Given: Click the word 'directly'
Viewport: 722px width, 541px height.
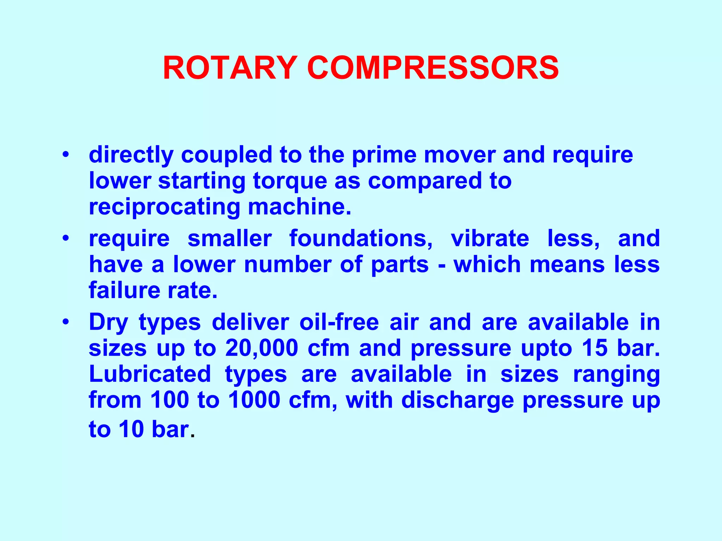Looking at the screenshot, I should pyautogui.click(x=131, y=155).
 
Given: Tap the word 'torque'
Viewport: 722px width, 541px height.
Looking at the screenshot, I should pyautogui.click(x=289, y=181).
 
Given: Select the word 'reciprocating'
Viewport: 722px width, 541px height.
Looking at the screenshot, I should pyautogui.click(x=164, y=207).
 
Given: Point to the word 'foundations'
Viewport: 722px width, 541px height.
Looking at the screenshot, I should pyautogui.click(x=361, y=238).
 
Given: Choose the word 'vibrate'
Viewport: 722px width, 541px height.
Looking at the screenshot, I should pyautogui.click(x=490, y=238).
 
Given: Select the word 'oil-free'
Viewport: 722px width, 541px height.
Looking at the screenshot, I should pyautogui.click(x=339, y=322).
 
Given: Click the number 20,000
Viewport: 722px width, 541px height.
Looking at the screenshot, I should pyautogui.click(x=262, y=348).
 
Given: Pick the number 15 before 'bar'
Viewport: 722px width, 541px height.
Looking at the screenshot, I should pyautogui.click(x=595, y=348).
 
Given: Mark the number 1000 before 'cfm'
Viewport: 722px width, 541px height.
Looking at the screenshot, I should pyautogui.click(x=254, y=400).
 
